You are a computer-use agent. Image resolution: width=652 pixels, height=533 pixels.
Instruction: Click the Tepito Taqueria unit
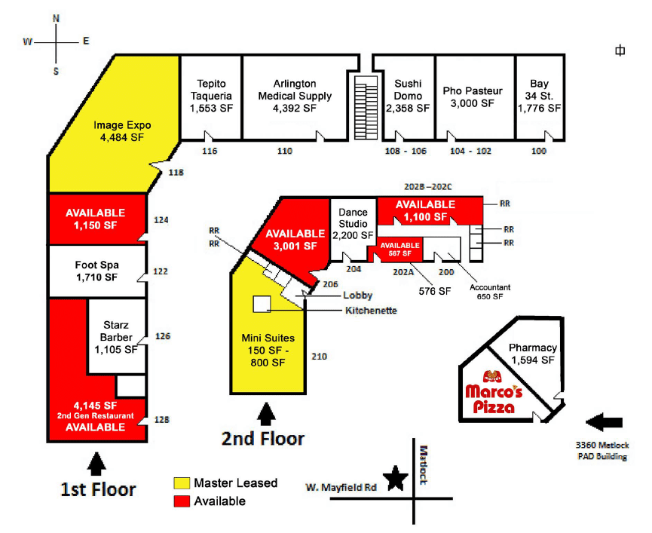[211, 97]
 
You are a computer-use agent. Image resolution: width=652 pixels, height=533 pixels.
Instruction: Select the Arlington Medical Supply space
[295, 97]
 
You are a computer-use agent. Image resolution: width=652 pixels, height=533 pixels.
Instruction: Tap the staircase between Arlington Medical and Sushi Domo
[366, 107]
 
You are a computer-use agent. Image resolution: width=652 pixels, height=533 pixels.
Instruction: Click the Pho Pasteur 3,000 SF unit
[476, 97]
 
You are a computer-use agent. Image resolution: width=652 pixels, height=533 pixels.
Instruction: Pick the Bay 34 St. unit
[540, 97]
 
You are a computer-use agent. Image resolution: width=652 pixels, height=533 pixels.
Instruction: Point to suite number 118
[176, 172]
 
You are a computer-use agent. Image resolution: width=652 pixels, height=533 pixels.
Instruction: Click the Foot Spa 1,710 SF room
[97, 271]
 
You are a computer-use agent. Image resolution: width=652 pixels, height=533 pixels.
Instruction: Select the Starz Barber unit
[117, 337]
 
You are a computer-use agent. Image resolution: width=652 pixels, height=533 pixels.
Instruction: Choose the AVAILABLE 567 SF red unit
[399, 249]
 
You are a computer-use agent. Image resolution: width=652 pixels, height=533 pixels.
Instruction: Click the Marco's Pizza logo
[494, 393]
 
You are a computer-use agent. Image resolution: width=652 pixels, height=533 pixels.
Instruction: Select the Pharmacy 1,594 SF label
[533, 354]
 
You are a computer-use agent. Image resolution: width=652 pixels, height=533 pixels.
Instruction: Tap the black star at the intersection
[395, 478]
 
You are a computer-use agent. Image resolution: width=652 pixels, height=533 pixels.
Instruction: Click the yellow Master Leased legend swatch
[182, 483]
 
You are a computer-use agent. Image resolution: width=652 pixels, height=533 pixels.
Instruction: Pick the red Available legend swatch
[182, 501]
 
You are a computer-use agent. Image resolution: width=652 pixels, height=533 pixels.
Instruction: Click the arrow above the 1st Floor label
[96, 464]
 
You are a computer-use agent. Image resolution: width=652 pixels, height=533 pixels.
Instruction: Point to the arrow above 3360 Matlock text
[605, 422]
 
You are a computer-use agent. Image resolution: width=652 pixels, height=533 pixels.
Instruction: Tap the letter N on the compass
[56, 19]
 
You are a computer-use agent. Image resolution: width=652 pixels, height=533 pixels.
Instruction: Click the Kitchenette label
[371, 311]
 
